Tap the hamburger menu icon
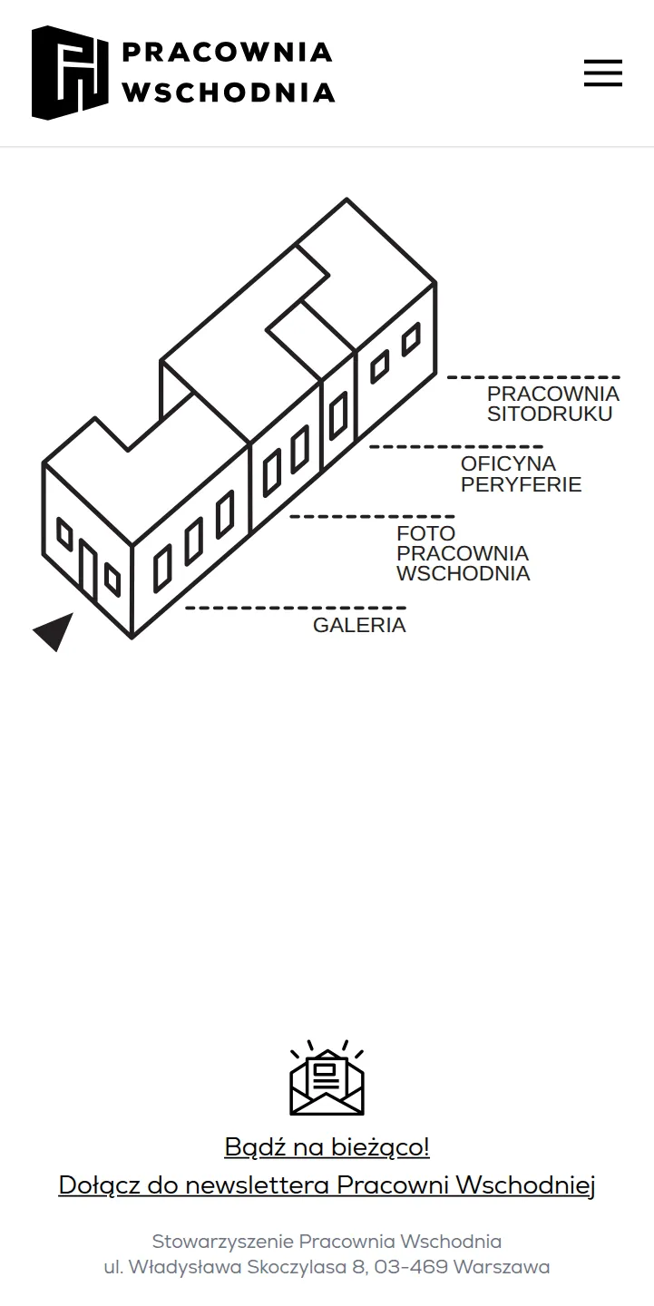(603, 73)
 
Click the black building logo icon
(70, 73)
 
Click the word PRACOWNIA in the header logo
(228, 53)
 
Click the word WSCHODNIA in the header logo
(229, 93)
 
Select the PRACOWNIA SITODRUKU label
(552, 404)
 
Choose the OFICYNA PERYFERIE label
(521, 474)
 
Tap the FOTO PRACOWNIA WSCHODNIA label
(463, 552)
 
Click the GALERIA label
(359, 625)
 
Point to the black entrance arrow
(54, 632)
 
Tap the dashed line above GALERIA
(296, 608)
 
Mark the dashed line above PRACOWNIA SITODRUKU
(533, 378)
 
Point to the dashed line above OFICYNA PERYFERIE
(456, 447)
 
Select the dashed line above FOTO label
(372, 517)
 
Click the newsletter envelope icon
(327, 1078)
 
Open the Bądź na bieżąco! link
(327, 1146)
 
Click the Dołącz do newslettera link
(327, 1185)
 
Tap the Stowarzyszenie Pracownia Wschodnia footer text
(327, 1242)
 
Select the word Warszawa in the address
(502, 1267)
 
